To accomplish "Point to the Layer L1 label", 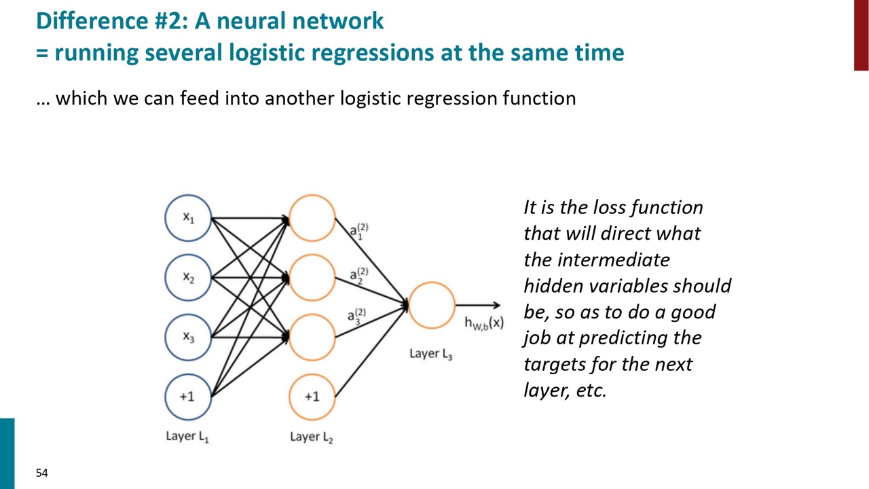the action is (x=187, y=437).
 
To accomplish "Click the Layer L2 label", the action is (x=312, y=437).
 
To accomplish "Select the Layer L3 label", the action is (x=431, y=354).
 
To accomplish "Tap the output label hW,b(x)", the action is (x=484, y=323).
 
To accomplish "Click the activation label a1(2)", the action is (x=359, y=232).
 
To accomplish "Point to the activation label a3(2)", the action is (x=356, y=316).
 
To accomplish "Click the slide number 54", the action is (x=42, y=473).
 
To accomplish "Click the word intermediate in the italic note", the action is (x=614, y=259).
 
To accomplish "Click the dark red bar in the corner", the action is (x=862, y=35).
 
